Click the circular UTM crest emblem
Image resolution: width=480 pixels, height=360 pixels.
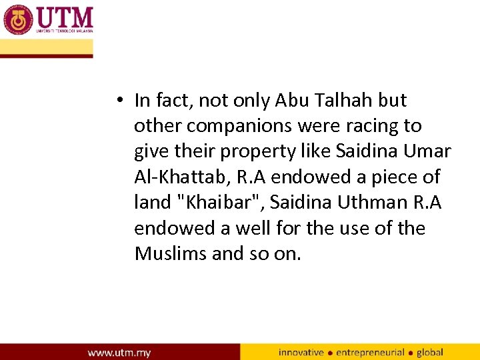pyautogui.click(x=17, y=20)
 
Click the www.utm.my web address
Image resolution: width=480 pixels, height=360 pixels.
pyautogui.click(x=120, y=352)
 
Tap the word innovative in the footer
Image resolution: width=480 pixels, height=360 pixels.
pyautogui.click(x=301, y=352)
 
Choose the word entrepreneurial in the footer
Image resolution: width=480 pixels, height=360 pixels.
pyautogui.click(x=370, y=352)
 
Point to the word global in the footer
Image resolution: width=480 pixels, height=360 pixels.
pyautogui.click(x=430, y=352)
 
